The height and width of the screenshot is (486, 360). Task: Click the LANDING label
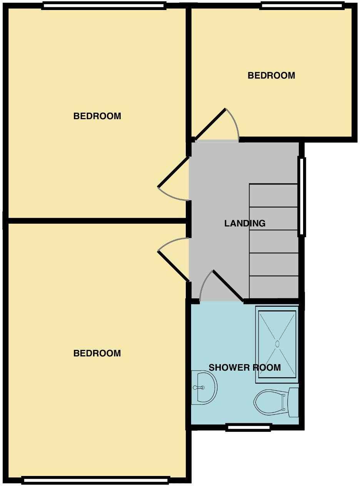(x=245, y=223)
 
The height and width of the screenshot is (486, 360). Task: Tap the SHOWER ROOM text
(x=245, y=368)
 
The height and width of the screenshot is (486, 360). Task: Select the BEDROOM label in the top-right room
(x=271, y=75)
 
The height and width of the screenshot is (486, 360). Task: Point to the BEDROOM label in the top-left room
(x=97, y=116)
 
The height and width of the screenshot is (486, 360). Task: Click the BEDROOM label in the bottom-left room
(x=97, y=353)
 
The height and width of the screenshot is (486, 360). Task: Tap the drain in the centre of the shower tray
(x=277, y=343)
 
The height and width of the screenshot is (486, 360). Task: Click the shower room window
(x=248, y=427)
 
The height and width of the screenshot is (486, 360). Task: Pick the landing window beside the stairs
(x=302, y=196)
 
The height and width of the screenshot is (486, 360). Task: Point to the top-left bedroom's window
(x=104, y=5)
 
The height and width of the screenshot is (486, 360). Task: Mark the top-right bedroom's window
(x=302, y=5)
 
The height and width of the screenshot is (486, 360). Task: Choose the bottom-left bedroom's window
(x=95, y=479)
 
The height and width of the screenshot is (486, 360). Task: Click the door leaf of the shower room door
(x=228, y=286)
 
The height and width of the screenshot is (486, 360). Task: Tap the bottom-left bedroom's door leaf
(x=173, y=266)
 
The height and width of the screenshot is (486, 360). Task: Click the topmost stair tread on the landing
(x=273, y=196)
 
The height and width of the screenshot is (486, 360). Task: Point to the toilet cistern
(x=293, y=402)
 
